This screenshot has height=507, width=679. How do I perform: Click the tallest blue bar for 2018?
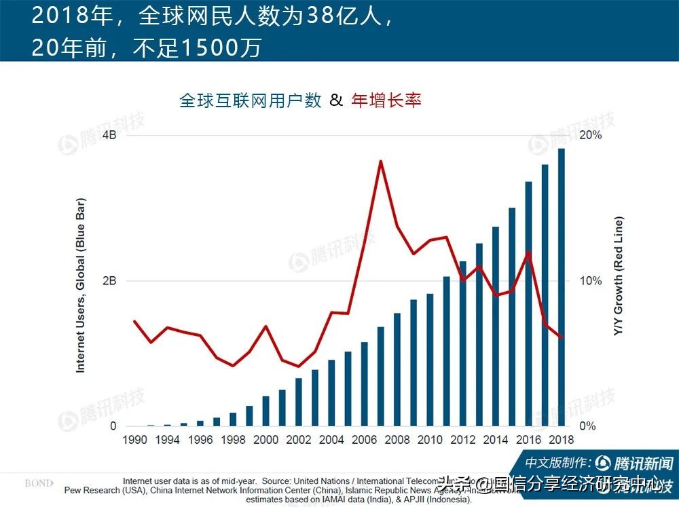pyautogui.click(x=562, y=288)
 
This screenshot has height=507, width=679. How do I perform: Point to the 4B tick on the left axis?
pyautogui.click(x=109, y=135)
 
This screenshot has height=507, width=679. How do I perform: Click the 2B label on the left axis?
pyautogui.click(x=109, y=281)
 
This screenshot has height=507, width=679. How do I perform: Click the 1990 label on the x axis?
pyautogui.click(x=134, y=440)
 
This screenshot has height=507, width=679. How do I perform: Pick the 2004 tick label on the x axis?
pyautogui.click(x=331, y=440)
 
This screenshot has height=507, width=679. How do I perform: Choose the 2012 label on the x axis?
pyautogui.click(x=463, y=440)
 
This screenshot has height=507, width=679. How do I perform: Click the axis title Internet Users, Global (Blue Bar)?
pyautogui.click(x=80, y=286)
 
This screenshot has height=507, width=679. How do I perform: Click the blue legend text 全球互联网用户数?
pyautogui.click(x=250, y=100)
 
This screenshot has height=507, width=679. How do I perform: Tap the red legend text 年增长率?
pyautogui.click(x=386, y=100)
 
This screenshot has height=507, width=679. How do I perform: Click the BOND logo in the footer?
pyautogui.click(x=38, y=483)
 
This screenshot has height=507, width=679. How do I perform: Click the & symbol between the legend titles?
pyautogui.click(x=336, y=100)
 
